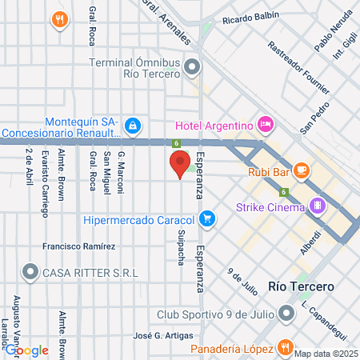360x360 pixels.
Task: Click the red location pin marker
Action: coord(180,164)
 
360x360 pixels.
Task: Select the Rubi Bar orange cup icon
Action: coord(301,170)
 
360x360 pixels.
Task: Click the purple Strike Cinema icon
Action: coord(318,206)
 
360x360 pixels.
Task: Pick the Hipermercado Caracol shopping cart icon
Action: coord(207,218)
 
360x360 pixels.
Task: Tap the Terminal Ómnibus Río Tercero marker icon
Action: coord(191,67)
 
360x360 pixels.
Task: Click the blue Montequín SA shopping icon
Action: coord(134,125)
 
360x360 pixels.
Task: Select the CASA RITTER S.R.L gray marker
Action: coord(31,273)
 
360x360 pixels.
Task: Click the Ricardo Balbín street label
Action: coord(251,17)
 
